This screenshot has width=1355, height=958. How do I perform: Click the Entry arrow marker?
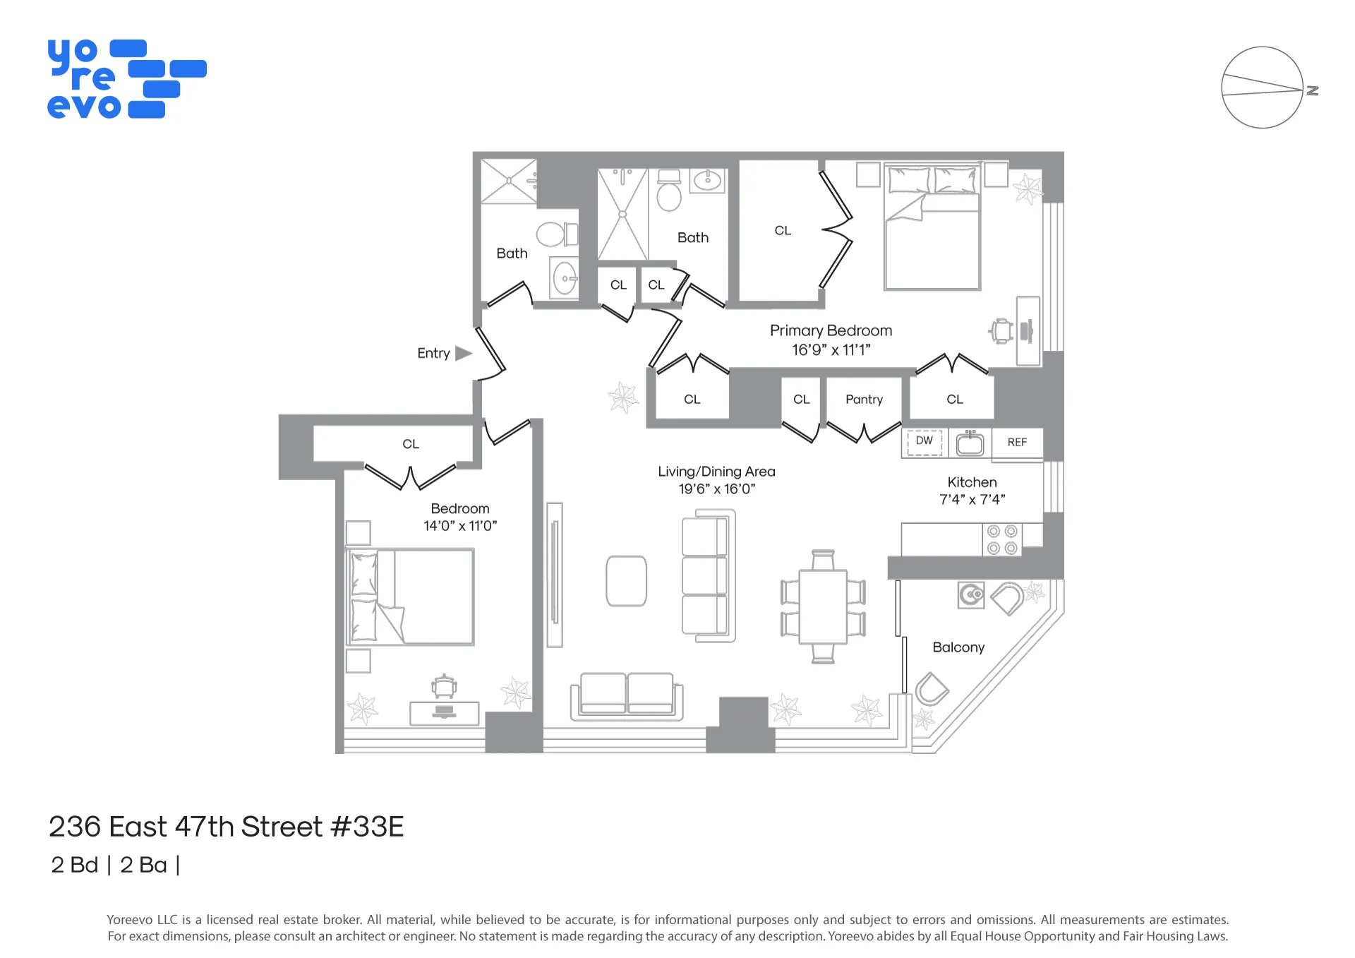[x=463, y=353]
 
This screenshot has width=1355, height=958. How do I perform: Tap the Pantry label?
[x=864, y=400]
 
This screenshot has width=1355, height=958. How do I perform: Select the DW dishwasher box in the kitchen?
[x=924, y=441]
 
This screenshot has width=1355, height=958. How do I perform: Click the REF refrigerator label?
[x=1017, y=443]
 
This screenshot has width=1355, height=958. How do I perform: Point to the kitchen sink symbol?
[x=970, y=443]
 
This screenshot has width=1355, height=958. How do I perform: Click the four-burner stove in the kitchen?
[x=1001, y=539]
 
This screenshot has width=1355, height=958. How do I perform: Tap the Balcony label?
[x=958, y=647]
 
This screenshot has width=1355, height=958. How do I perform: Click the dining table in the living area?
[x=823, y=607]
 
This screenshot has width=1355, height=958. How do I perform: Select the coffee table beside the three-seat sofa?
[x=626, y=581]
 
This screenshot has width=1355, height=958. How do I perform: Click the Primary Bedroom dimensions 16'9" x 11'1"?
[x=831, y=350]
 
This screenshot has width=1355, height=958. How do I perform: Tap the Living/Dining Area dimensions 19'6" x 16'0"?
[x=716, y=489]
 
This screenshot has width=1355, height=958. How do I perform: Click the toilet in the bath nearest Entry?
[x=555, y=234]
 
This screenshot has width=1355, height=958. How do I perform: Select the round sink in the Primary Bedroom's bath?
[x=708, y=181]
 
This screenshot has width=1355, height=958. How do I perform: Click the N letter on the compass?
[x=1312, y=90]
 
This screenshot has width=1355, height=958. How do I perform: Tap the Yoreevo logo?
[x=127, y=78]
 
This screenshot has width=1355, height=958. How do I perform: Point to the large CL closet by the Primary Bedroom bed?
[x=782, y=231]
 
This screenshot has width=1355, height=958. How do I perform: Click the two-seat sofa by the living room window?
[x=626, y=695]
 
